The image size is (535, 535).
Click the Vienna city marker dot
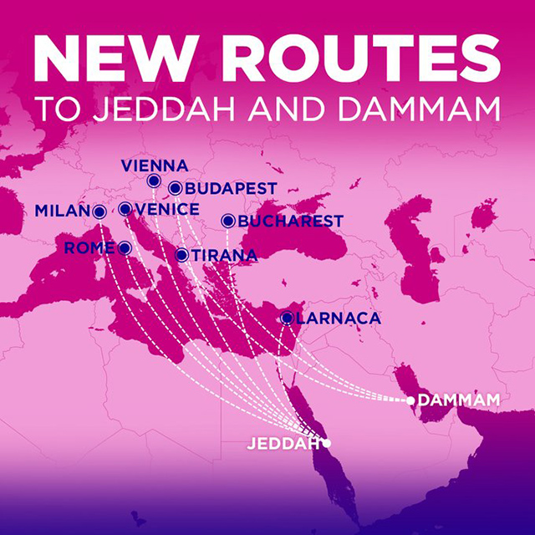(154, 181)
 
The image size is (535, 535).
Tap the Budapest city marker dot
(175, 188)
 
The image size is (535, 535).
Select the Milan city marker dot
(99, 211)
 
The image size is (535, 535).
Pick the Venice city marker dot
(125, 209)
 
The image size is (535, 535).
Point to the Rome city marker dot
(125, 247)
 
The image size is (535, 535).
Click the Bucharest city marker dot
(227, 221)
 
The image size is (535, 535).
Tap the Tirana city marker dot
(181, 255)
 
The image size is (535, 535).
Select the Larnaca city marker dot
(288, 318)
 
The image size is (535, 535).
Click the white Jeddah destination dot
(327, 443)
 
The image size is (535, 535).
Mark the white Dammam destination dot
(410, 401)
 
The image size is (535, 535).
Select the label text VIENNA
(155, 165)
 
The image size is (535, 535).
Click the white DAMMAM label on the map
(458, 401)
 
